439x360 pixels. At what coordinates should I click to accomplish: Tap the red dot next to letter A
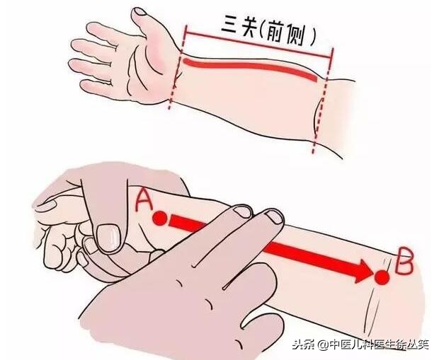pos(160,218)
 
